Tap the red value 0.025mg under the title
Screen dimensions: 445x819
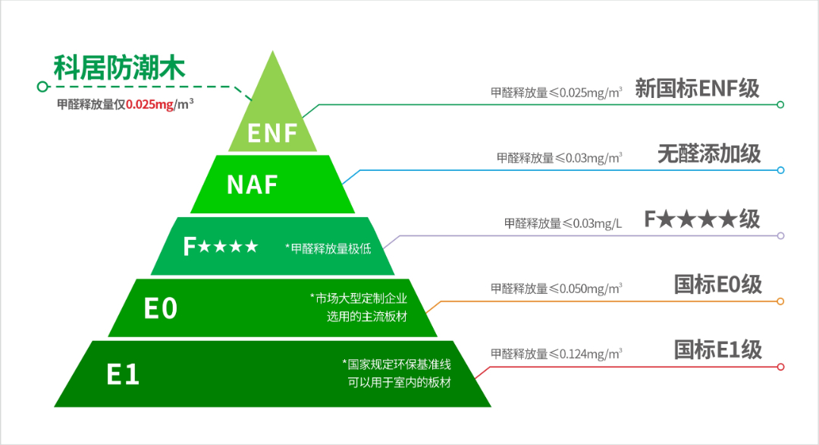pos(150,105)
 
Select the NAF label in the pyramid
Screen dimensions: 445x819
pos(253,185)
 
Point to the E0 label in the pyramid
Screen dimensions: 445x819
pos(161,308)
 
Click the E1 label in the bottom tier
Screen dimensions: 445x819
pos(123,374)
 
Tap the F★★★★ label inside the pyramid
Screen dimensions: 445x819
pos(221,247)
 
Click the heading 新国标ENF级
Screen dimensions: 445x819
pos(697,89)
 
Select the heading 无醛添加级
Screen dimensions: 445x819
pos(709,154)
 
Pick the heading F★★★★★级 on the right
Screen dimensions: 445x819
pos(702,219)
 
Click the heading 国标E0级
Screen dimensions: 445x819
pos(717,285)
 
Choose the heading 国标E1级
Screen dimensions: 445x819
pos(717,350)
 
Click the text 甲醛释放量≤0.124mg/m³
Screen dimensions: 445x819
pos(557,353)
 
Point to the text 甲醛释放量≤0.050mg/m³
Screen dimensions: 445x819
pos(557,289)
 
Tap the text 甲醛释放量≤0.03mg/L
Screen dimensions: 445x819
pos(563,223)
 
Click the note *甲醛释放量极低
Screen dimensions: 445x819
pos(328,248)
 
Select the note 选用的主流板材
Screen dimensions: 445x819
pos(367,316)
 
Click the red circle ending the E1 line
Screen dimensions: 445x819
pos(780,367)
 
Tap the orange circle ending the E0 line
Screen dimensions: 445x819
pos(780,301)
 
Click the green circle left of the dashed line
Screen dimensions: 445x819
pos(42,87)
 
